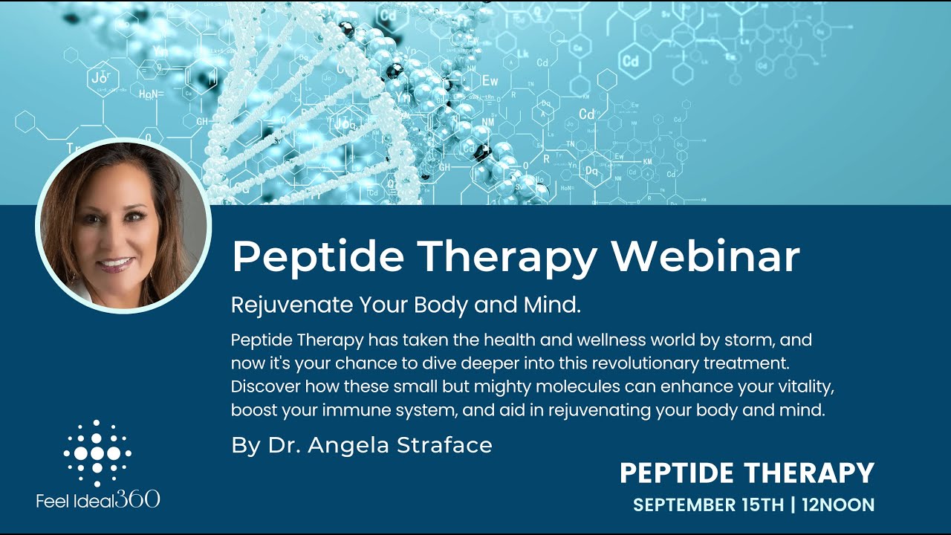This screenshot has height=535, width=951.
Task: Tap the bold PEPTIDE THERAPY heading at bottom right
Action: [x=747, y=473]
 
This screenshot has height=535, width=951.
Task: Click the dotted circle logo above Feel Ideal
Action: [x=97, y=453]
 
